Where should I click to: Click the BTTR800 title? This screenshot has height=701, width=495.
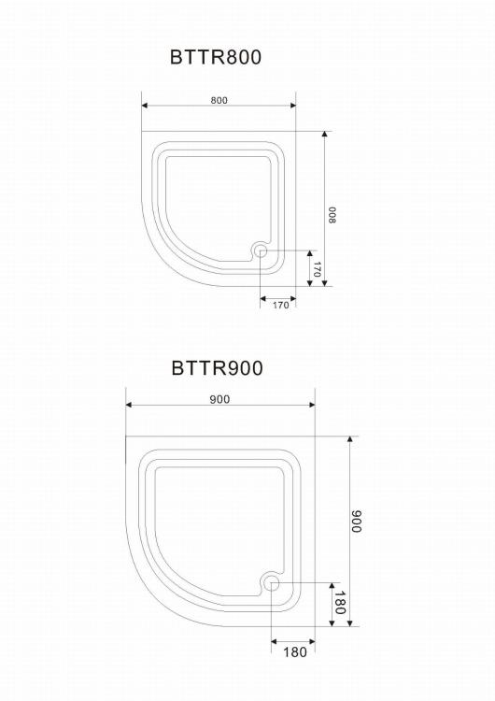[x=216, y=57]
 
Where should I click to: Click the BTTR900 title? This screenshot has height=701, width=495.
[x=217, y=368]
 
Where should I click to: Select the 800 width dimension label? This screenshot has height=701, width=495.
[x=219, y=100]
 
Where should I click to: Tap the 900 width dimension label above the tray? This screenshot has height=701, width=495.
[x=219, y=399]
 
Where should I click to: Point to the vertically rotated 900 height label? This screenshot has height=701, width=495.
[x=356, y=522]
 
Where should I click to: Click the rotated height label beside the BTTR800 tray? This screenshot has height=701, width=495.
[x=332, y=215]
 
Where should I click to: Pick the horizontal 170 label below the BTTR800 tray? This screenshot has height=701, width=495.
[x=280, y=305]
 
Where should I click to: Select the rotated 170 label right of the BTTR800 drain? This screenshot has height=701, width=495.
[x=317, y=269]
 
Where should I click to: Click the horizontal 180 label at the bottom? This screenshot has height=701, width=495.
[x=295, y=652]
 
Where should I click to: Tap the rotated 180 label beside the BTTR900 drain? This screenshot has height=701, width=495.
[x=340, y=603]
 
